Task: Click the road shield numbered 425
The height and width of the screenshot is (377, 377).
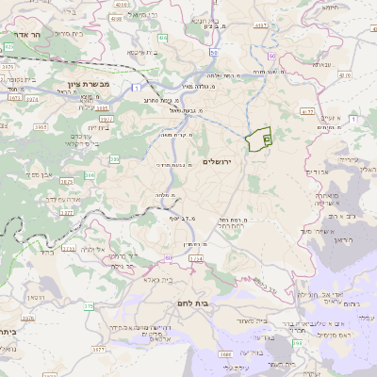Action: [9, 45]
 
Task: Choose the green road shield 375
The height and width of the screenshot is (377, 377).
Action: [89, 306]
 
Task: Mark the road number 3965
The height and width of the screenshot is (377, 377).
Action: [41, 125]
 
